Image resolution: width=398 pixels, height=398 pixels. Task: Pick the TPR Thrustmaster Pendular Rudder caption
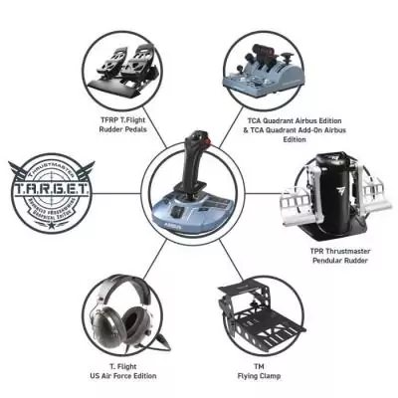click(338, 261)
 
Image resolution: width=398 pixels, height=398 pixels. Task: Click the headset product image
click(123, 307)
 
